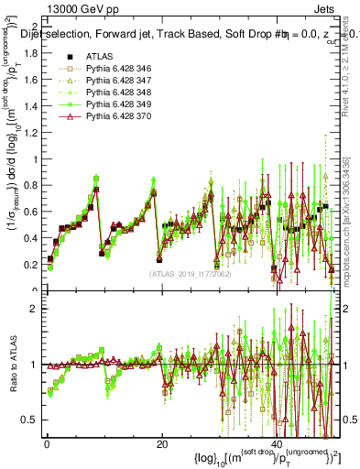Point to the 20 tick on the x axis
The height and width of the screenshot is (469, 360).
click(161, 445)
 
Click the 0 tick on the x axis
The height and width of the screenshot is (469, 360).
click(47, 445)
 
